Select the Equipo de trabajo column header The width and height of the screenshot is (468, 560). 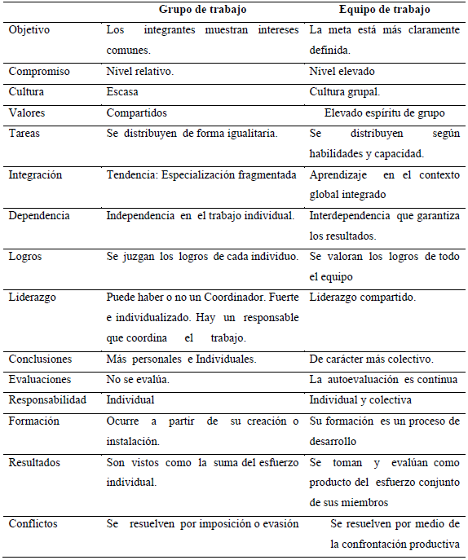click(x=385, y=10)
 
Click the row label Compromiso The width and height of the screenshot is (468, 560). click(x=38, y=72)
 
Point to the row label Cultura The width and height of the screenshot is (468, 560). click(x=26, y=93)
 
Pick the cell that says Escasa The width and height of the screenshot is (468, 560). click(x=123, y=93)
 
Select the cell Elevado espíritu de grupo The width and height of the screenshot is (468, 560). click(x=384, y=113)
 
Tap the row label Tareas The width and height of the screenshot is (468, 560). click(x=25, y=134)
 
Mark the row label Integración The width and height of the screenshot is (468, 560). click(x=35, y=174)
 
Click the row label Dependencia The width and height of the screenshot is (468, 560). click(x=38, y=216)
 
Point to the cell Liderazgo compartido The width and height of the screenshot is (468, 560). click(x=362, y=298)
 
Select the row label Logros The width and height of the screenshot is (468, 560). click(x=25, y=257)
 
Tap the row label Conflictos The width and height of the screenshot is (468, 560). click(x=33, y=523)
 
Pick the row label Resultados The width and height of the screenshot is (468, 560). click(x=34, y=462)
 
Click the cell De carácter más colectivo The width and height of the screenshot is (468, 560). click(x=371, y=359)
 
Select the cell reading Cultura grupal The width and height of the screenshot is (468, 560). click(x=344, y=93)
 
